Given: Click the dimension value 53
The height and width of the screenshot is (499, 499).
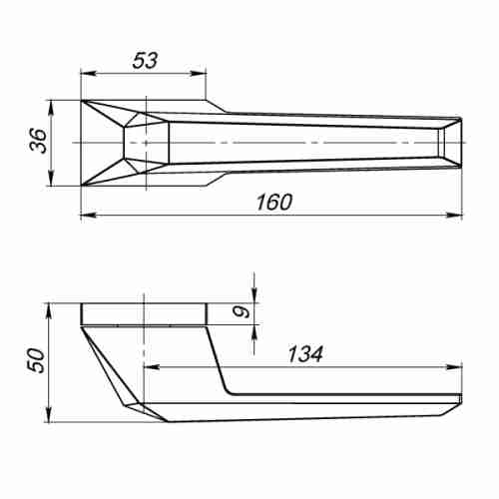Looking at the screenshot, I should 145,60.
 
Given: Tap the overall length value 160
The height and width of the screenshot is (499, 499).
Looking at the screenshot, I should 271,202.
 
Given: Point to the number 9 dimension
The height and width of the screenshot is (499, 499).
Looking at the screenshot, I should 237,313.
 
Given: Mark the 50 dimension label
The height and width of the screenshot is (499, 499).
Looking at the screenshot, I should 35,360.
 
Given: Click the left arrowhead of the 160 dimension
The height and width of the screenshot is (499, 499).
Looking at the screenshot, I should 86,215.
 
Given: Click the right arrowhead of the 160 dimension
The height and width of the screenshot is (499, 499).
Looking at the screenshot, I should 457,215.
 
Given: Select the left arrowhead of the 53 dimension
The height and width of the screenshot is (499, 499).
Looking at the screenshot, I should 86,73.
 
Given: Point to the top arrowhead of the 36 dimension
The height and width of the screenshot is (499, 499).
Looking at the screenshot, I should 51,105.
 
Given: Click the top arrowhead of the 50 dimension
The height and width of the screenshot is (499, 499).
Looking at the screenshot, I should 51,306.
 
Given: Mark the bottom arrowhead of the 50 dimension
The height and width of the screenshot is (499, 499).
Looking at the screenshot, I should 51,417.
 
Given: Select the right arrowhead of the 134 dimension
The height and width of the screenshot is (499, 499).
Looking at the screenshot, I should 457,366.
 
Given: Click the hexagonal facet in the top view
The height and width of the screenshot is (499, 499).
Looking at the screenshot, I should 146,142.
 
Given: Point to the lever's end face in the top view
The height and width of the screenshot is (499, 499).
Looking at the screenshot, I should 452,142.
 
